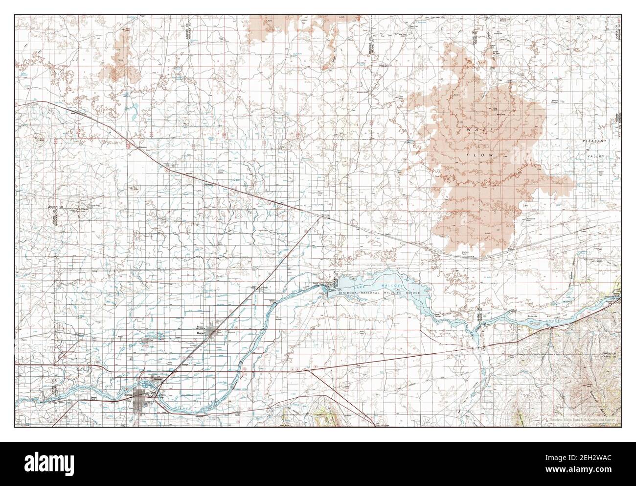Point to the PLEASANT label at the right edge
pyautogui.click(x=593, y=141)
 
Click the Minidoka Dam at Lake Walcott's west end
pyautogui.click(x=326, y=288)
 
